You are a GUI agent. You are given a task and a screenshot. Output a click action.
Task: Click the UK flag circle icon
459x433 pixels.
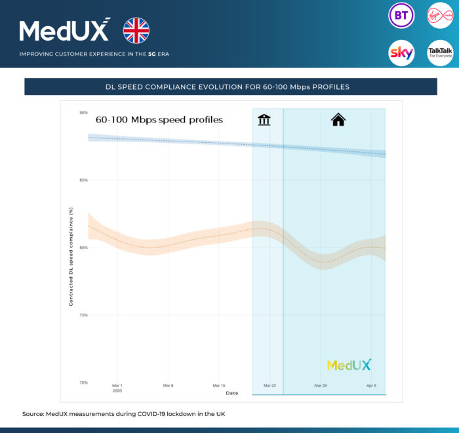(x=136, y=31)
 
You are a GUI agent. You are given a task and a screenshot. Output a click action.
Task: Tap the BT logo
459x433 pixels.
(x=401, y=16)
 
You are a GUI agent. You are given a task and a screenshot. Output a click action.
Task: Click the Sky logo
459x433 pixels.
(x=401, y=52)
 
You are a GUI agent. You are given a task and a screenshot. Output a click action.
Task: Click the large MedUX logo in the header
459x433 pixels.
(x=65, y=31)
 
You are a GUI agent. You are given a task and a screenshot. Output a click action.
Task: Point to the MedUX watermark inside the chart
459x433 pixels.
(x=349, y=365)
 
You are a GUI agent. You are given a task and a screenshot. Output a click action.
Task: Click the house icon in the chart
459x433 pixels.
(x=338, y=119)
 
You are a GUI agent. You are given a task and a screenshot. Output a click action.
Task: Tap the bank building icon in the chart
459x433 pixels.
(x=264, y=119)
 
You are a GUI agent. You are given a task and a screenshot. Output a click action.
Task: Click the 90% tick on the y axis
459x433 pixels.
(x=83, y=113)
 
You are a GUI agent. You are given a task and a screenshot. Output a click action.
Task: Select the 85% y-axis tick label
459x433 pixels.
(x=83, y=180)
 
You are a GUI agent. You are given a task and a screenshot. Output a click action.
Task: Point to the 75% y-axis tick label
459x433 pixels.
(x=83, y=315)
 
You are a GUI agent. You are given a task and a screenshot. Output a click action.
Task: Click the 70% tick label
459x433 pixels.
(x=83, y=383)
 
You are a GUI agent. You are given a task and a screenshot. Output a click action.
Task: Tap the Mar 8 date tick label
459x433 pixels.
(x=168, y=386)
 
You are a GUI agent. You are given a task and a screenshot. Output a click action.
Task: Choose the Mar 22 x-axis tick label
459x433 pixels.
(x=269, y=386)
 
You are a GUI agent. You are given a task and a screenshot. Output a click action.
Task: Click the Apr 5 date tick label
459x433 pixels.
(x=371, y=386)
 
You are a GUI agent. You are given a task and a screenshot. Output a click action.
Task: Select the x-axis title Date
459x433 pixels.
(x=232, y=393)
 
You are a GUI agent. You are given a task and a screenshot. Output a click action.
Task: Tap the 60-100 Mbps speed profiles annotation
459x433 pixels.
(x=159, y=120)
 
